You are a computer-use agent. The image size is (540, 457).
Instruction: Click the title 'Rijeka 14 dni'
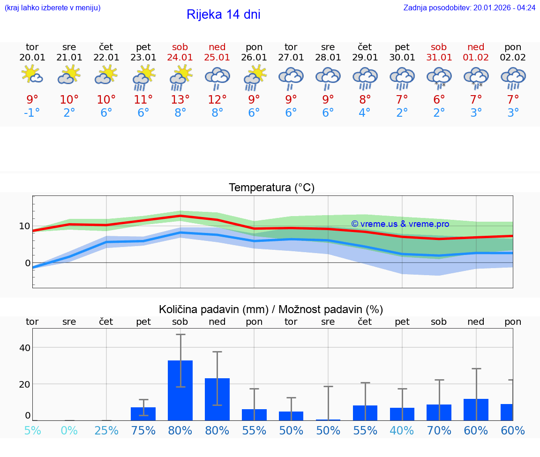tap(223, 15)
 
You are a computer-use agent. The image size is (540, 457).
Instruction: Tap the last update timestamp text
tap(469, 7)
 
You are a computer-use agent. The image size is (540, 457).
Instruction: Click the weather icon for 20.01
tap(32, 75)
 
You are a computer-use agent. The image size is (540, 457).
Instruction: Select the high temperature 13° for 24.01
tap(180, 99)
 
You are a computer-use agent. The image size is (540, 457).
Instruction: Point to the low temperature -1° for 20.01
tap(32, 113)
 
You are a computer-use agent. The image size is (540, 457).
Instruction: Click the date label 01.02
tap(476, 57)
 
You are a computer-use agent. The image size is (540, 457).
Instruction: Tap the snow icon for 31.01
tap(439, 77)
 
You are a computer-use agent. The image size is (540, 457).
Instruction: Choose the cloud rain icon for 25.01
tap(217, 78)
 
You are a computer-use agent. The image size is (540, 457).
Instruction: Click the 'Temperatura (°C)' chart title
tap(271, 188)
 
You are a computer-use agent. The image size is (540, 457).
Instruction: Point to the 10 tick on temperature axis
tap(24, 226)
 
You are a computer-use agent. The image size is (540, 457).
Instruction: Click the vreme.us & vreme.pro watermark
tap(400, 224)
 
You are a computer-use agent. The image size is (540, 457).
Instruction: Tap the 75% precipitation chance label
tap(143, 430)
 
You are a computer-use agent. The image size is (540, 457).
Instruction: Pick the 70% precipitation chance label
tap(439, 430)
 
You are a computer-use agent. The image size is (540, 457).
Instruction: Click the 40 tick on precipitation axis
tap(24, 347)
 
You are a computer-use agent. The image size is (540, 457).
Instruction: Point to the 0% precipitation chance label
tap(69, 430)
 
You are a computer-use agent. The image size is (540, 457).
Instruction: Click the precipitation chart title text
tap(271, 309)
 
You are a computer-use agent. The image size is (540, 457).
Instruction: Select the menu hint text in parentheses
tap(52, 7)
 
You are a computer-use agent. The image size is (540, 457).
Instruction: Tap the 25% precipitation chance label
tap(106, 430)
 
